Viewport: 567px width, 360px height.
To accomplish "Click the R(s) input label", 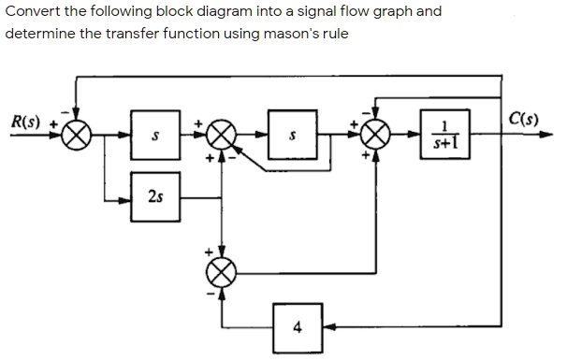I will [x=25, y=122].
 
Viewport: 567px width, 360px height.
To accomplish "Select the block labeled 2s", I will [x=153, y=197].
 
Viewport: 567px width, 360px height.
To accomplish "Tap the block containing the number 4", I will [x=297, y=326].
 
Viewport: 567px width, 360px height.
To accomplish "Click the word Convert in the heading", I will [x=32, y=12].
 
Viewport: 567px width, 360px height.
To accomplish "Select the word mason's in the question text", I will [x=260, y=33].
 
